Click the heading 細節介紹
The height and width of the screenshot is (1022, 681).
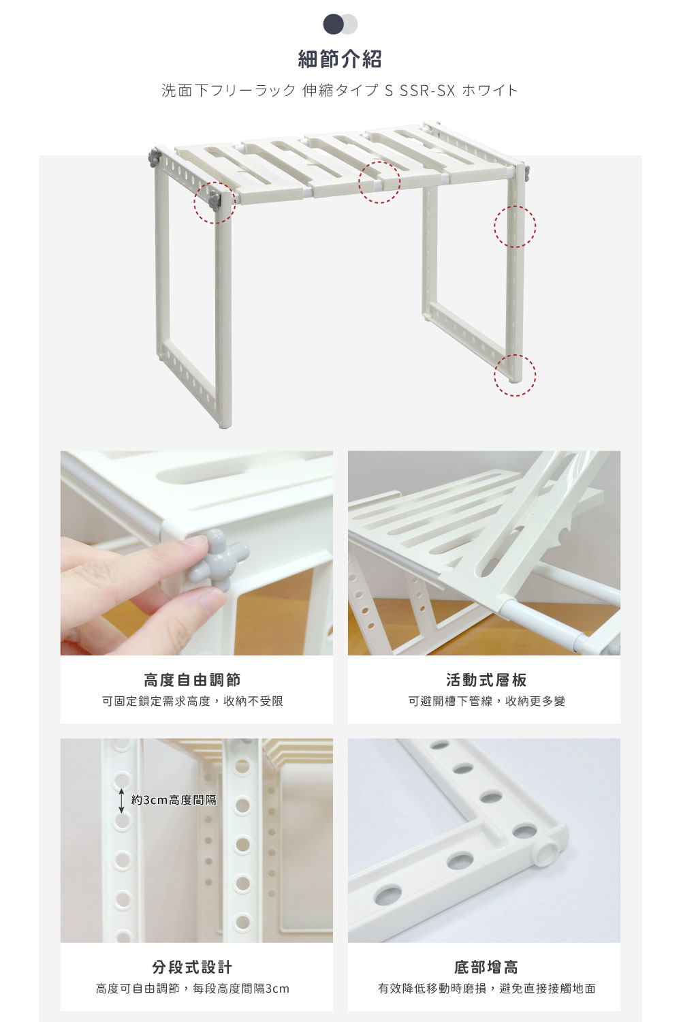point(340,59)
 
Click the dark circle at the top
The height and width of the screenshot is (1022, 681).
point(333,24)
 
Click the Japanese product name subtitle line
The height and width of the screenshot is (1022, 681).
point(340,91)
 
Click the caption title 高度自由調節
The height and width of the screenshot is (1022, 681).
point(192,680)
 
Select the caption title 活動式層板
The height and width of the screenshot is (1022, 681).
point(486,680)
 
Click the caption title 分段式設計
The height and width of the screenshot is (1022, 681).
point(192,967)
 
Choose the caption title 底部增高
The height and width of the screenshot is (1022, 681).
point(486,967)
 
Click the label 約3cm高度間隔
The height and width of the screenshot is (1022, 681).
point(174,800)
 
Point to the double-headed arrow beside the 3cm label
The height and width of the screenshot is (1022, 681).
point(121,801)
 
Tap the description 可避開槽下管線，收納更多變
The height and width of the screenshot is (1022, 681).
point(486,701)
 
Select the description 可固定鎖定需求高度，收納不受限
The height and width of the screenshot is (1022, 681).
point(192,701)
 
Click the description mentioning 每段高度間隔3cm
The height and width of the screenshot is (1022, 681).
point(192,989)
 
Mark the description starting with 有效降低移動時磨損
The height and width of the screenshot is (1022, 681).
point(486,989)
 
